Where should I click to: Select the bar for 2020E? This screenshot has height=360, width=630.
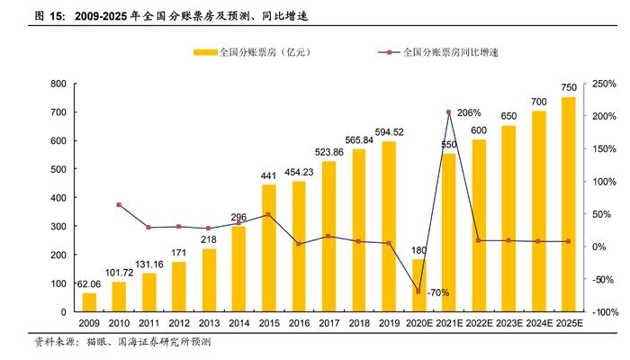pos(419,285)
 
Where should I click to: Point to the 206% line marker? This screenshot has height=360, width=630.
pos(448,112)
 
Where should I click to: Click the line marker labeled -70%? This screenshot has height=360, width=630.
pos(418,292)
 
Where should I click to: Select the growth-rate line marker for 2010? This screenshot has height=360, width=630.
pos(119,205)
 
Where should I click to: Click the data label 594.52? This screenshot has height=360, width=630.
pos(389,131)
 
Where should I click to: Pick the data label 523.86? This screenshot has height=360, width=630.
pos(328,152)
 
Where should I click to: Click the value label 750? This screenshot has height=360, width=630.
pos(568,87)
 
